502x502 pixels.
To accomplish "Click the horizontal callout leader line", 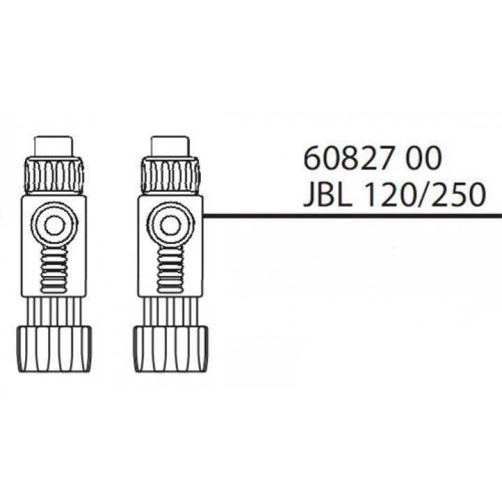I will point(349,216).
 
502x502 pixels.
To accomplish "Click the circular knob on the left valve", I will point(53,225).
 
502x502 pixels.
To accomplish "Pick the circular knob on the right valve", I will point(168,225).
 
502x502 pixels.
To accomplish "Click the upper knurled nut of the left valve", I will point(53,176).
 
